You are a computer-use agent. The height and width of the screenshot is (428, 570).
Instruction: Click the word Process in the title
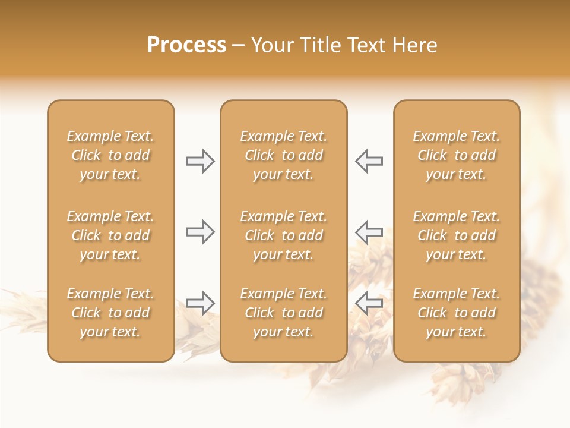coord(186,45)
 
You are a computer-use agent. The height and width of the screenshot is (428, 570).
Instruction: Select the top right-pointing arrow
coord(201,161)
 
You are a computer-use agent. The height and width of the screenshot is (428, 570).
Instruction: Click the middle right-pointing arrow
coord(201,231)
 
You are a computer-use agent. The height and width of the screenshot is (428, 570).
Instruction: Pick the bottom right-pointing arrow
coord(201,303)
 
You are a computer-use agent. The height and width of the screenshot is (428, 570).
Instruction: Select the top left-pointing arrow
coord(369,161)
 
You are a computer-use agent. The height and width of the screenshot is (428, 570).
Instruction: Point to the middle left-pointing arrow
coord(369,231)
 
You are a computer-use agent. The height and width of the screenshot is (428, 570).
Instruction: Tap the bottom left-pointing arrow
coord(369,303)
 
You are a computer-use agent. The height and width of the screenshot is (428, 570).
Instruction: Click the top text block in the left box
coord(110,155)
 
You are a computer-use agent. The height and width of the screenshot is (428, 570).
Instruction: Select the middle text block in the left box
coord(110,235)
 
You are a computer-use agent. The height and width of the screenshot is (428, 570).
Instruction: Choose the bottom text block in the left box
coord(110,313)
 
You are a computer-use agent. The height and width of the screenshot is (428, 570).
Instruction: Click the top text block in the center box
coord(283,155)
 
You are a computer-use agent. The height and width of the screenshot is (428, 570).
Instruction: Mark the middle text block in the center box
coord(283,235)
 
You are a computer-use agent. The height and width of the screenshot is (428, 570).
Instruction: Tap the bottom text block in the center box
coord(283,313)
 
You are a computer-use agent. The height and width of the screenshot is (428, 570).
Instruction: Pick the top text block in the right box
coord(457,155)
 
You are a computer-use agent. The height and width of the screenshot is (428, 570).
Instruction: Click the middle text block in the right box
coord(457,235)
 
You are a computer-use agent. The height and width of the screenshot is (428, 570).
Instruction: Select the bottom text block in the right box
coord(457,313)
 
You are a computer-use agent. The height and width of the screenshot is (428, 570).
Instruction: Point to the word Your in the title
coord(273,45)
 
